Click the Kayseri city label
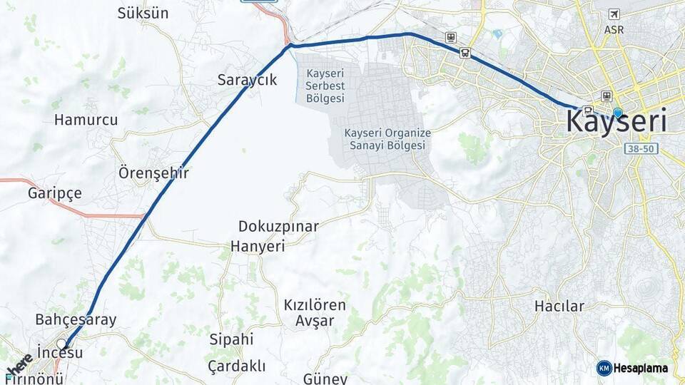(x=616, y=122)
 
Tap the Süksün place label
(x=143, y=14)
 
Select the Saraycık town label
(x=247, y=80)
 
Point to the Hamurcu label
(x=86, y=120)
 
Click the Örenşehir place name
(x=153, y=173)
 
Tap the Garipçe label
(x=55, y=193)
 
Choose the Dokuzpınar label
(x=278, y=227)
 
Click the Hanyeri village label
(x=257, y=247)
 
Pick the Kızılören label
(x=315, y=305)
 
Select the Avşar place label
(x=314, y=321)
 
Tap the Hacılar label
(x=559, y=307)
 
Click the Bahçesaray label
(x=76, y=319)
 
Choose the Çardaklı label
(x=236, y=366)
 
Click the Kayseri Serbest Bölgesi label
(x=325, y=86)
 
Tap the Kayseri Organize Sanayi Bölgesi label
(x=387, y=139)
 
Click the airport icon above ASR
(x=614, y=14)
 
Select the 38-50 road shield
(x=643, y=148)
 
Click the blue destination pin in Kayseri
(x=617, y=113)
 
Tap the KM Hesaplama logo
(x=632, y=368)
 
